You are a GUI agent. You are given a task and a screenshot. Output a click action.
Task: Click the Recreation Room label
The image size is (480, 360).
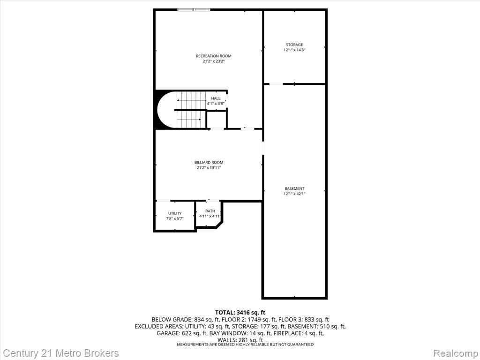[x=214, y=56]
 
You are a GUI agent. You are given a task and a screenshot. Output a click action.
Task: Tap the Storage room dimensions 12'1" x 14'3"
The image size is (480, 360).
[x=294, y=50]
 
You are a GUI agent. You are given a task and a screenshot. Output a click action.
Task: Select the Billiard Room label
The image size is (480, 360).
[x=209, y=163]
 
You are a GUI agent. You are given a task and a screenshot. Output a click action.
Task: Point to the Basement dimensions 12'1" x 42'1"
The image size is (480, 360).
[x=294, y=194]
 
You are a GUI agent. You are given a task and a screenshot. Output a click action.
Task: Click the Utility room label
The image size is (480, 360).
[x=175, y=213]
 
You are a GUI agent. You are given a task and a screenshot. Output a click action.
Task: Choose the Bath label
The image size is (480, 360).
[x=210, y=211]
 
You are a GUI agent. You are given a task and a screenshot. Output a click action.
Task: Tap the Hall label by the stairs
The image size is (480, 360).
[x=216, y=98]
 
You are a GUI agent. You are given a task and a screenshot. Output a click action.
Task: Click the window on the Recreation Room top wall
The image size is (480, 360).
[x=194, y=10]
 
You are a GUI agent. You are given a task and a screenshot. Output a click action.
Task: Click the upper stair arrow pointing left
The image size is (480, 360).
[x=191, y=100]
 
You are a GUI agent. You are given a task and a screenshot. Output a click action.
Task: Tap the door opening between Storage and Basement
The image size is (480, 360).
[x=276, y=84]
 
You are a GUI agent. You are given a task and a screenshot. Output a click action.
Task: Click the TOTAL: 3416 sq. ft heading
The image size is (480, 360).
[x=240, y=313]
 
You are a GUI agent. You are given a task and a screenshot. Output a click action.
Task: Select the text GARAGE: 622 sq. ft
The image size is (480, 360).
[x=182, y=333]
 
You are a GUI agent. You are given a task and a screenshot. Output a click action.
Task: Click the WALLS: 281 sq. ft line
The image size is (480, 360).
[x=240, y=340]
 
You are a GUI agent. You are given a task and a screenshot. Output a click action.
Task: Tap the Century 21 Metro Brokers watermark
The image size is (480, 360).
[x=60, y=353]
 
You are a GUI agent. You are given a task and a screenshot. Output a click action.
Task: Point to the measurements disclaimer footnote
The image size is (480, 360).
[x=245, y=345]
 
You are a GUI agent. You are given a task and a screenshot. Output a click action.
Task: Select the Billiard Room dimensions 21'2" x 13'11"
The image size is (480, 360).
[x=209, y=168]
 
